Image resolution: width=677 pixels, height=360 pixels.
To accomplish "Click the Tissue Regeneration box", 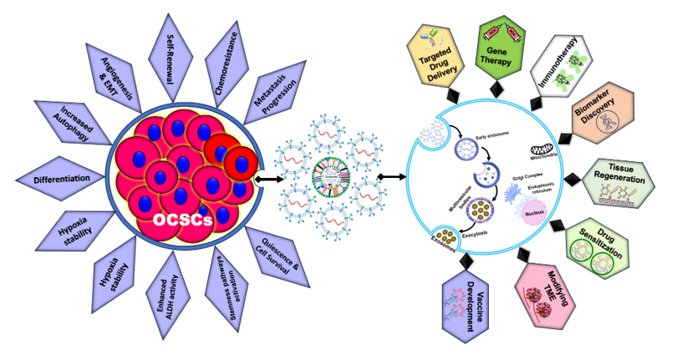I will tap(623, 180).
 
